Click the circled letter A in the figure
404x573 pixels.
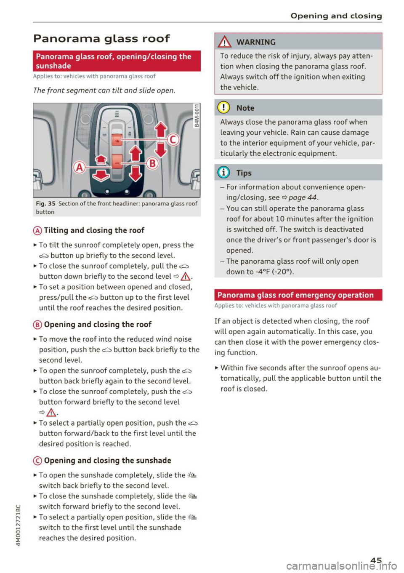[x=80, y=167]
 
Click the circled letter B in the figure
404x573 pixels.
[x=152, y=163]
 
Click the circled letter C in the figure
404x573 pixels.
[x=173, y=139]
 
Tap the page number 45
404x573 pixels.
[x=376, y=560]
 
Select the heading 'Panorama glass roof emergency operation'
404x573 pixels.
[x=295, y=295]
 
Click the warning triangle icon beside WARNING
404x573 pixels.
[x=226, y=42]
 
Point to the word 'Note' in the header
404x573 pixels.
[x=245, y=108]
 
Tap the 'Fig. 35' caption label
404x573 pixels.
[x=45, y=204]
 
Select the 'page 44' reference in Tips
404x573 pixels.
[x=303, y=197]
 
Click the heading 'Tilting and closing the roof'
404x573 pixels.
[x=94, y=230]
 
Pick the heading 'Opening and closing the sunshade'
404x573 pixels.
[x=107, y=461]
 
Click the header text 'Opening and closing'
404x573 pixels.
[x=336, y=16]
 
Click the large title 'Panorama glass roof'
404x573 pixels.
[x=101, y=39]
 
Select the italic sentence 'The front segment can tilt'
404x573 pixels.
[x=104, y=91]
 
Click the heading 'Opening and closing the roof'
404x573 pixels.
[x=98, y=325]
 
